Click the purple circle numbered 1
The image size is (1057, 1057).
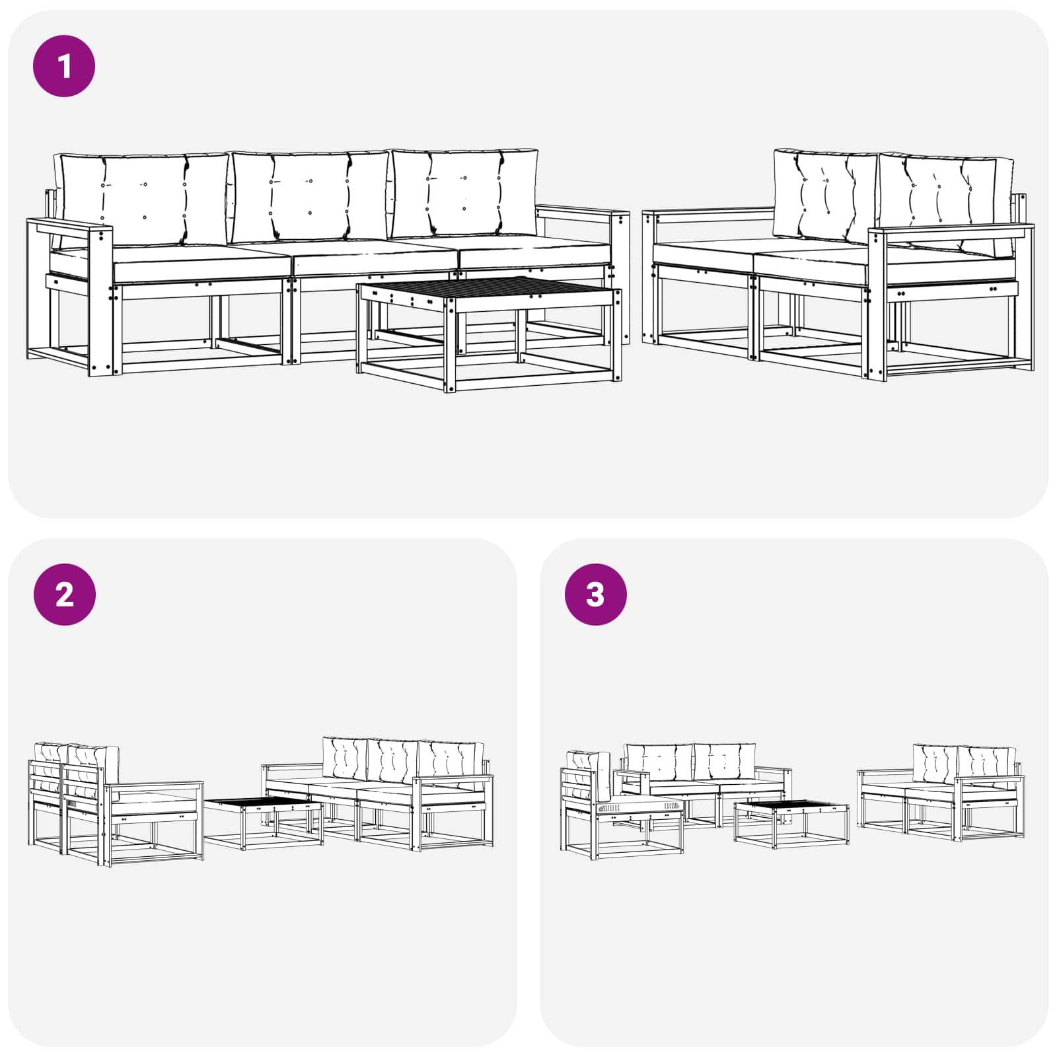tap(64, 66)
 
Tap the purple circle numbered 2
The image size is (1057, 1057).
tap(64, 595)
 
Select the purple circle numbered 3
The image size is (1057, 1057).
tap(595, 595)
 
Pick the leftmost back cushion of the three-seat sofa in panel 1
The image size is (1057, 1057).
tap(142, 198)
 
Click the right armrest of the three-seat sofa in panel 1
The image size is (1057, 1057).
tap(581, 213)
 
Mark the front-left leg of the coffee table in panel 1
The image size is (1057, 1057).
tap(450, 344)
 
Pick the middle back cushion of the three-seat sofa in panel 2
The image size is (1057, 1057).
tap(392, 760)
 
